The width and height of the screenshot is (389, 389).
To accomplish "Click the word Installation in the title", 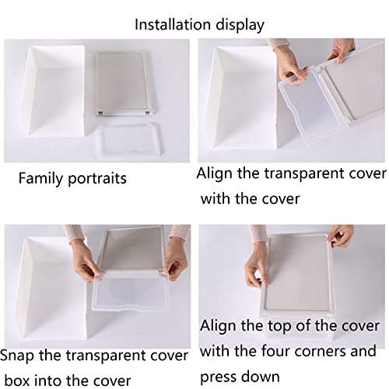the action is (x=173, y=25).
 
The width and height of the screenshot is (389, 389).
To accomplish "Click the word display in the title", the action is (x=240, y=26).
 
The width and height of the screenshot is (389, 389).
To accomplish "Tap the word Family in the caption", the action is (x=41, y=179).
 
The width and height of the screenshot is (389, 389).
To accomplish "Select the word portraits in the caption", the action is (x=97, y=180).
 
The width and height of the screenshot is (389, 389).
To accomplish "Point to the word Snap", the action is (x=17, y=356).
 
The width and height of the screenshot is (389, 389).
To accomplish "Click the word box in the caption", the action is (x=17, y=380).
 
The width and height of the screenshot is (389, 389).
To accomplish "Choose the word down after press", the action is (x=263, y=377).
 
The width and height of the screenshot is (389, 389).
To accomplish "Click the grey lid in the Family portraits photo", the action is (x=122, y=83).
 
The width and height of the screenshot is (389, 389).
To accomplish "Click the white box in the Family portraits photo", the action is (x=54, y=91).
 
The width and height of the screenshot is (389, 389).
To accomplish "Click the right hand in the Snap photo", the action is (x=176, y=258).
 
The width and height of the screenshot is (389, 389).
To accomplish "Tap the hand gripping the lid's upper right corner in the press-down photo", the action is (x=341, y=236).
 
